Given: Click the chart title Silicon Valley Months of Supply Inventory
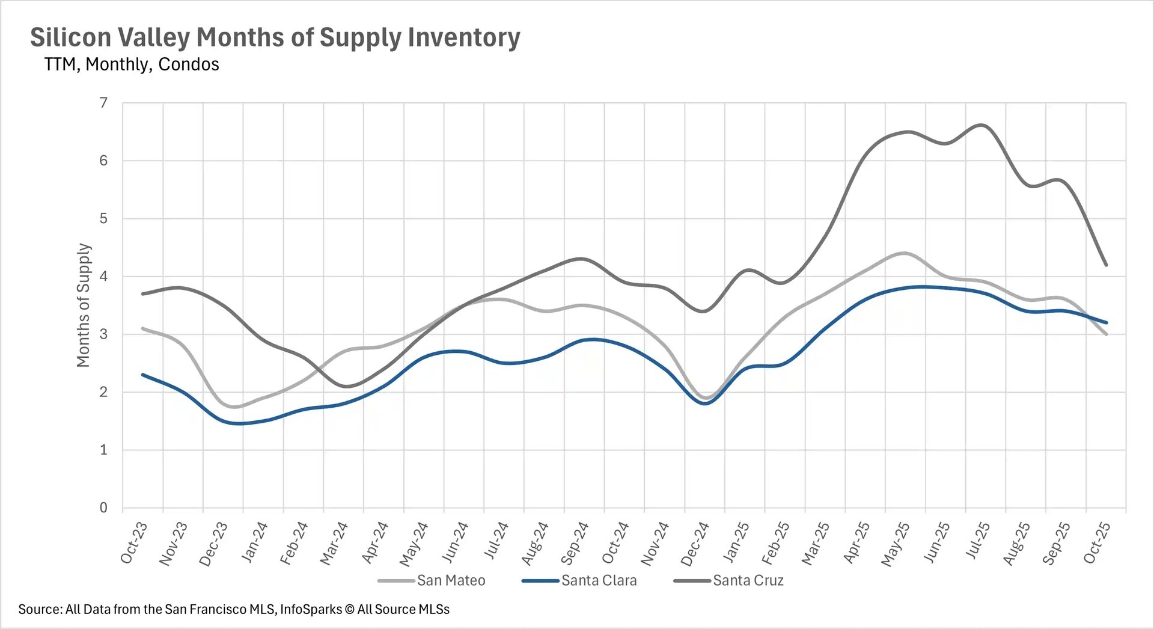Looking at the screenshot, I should pyautogui.click(x=275, y=37).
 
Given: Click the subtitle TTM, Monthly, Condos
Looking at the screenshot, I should pyautogui.click(x=131, y=64).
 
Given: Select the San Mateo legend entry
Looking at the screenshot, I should pyautogui.click(x=451, y=580).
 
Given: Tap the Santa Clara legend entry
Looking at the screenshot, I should pyautogui.click(x=599, y=580).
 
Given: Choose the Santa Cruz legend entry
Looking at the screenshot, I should pyautogui.click(x=748, y=580).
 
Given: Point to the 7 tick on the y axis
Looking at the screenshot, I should pyautogui.click(x=104, y=103).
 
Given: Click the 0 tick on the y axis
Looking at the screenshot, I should pyautogui.click(x=104, y=508).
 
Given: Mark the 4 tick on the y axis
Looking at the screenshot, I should pyautogui.click(x=104, y=277).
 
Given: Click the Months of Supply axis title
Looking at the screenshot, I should pyautogui.click(x=84, y=305).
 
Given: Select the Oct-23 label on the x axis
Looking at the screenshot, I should pyautogui.click(x=134, y=542).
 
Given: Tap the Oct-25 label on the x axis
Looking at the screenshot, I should pyautogui.click(x=1097, y=542).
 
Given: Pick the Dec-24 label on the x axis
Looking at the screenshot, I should pyautogui.click(x=695, y=544).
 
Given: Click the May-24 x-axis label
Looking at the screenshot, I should pyautogui.click(x=414, y=544).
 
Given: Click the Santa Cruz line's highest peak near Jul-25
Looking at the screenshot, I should pyautogui.click(x=981, y=125).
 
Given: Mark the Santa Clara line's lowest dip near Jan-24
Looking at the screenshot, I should pyautogui.click(x=240, y=423).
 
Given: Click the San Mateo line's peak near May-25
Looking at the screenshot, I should pyautogui.click(x=904, y=253).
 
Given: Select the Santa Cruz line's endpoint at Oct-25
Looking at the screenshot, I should pyautogui.click(x=1106, y=265).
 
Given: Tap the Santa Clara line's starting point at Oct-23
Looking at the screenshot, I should pyautogui.click(x=143, y=375).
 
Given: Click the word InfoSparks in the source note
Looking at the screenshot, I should pyautogui.click(x=311, y=609).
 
